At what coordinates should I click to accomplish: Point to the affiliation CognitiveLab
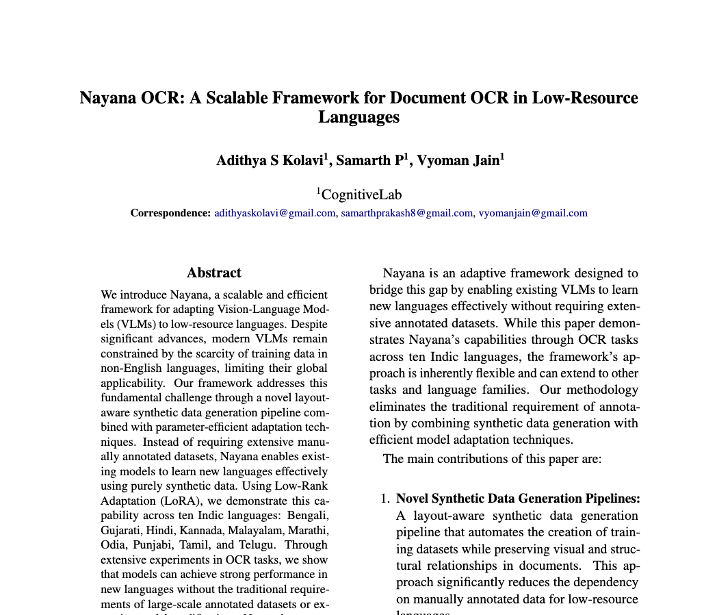pos(362,194)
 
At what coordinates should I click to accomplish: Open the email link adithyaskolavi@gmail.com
pos(274,213)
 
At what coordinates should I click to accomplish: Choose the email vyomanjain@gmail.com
pos(532,213)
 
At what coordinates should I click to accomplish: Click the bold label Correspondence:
pos(170,213)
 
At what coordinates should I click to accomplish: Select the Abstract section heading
pos(214,273)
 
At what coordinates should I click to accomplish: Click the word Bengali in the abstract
pos(307,515)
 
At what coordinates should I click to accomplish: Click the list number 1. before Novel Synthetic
pos(385,499)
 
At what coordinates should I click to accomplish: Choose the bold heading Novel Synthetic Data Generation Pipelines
pos(518,499)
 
